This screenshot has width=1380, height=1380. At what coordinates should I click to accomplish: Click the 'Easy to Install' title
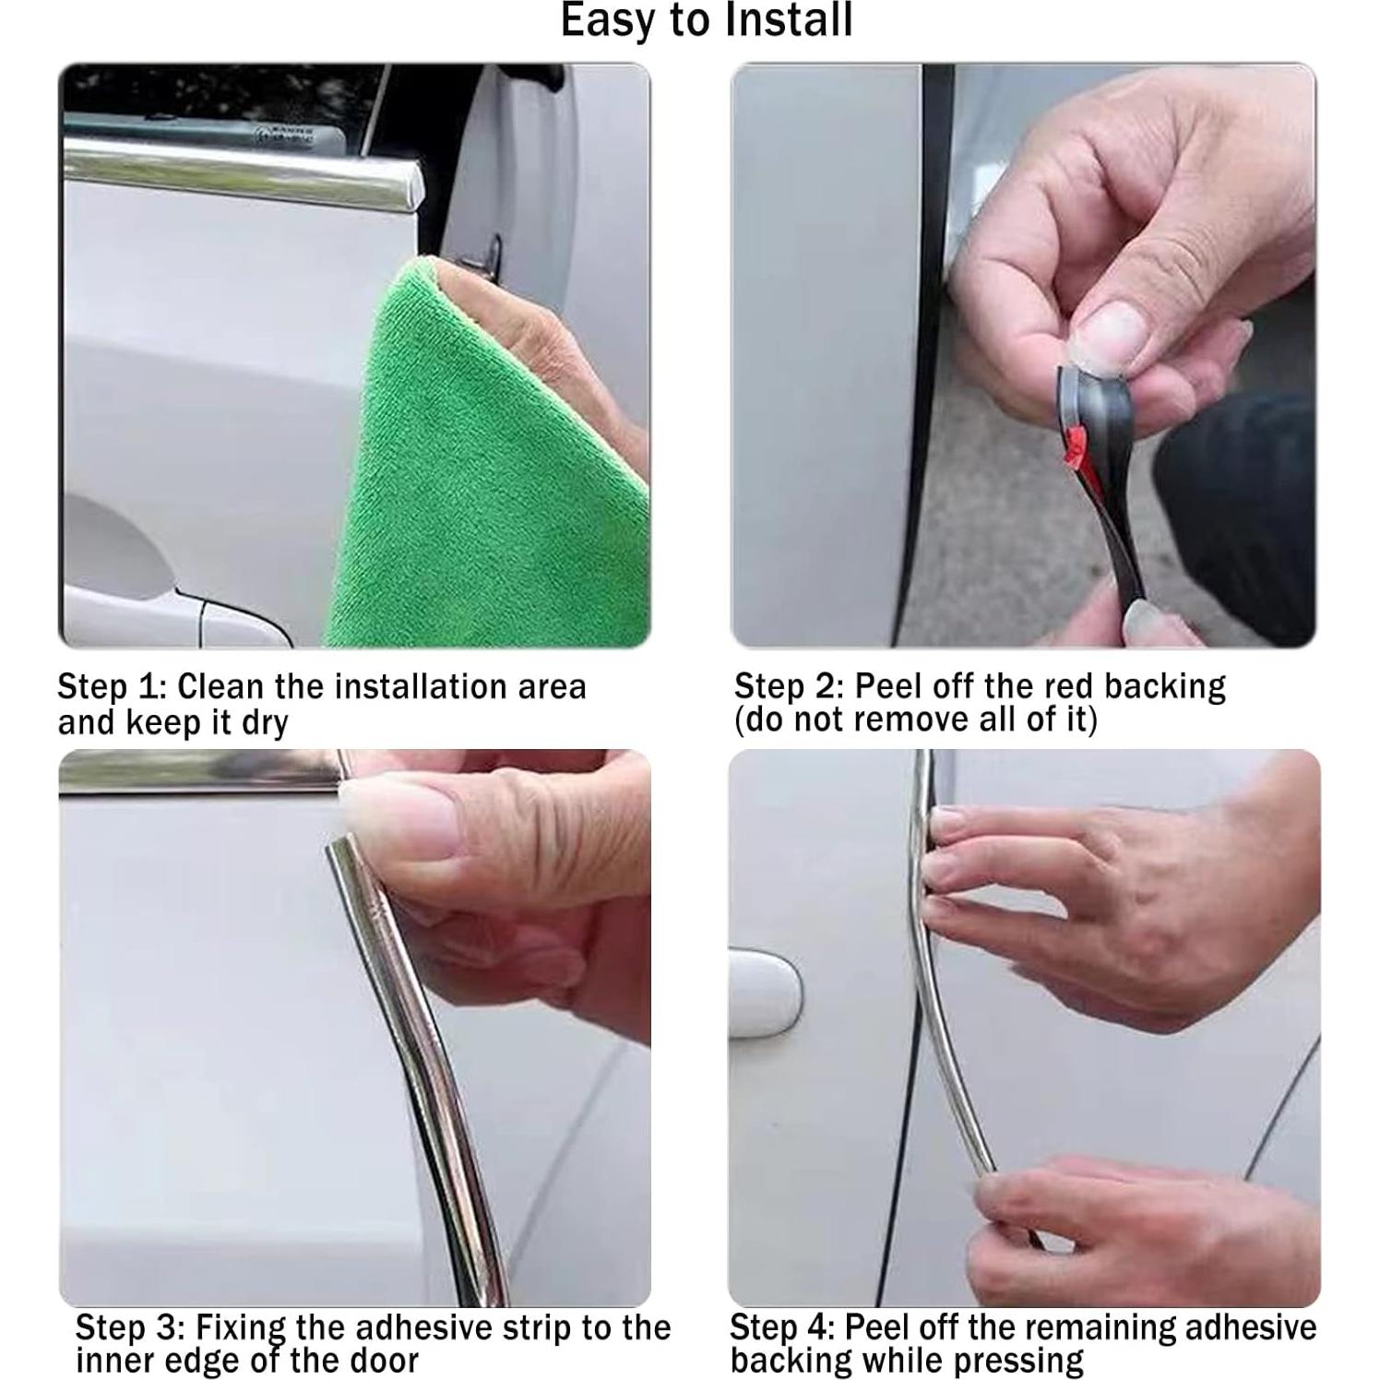tap(707, 20)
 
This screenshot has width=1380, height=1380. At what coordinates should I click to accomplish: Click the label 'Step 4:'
tap(782, 1327)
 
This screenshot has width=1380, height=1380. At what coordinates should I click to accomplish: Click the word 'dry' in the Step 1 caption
tap(265, 722)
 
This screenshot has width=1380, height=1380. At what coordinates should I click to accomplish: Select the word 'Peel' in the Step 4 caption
tap(874, 1327)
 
